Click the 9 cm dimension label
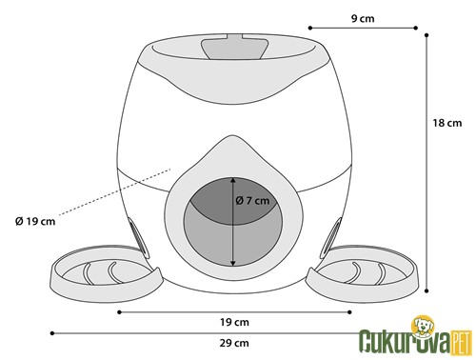[363, 18]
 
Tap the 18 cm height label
[447, 123]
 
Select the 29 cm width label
[234, 343]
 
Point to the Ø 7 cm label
[252, 201]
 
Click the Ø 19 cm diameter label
[35, 221]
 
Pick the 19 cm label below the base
[234, 322]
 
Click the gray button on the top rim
[233, 47]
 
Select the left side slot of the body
[135, 236]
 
